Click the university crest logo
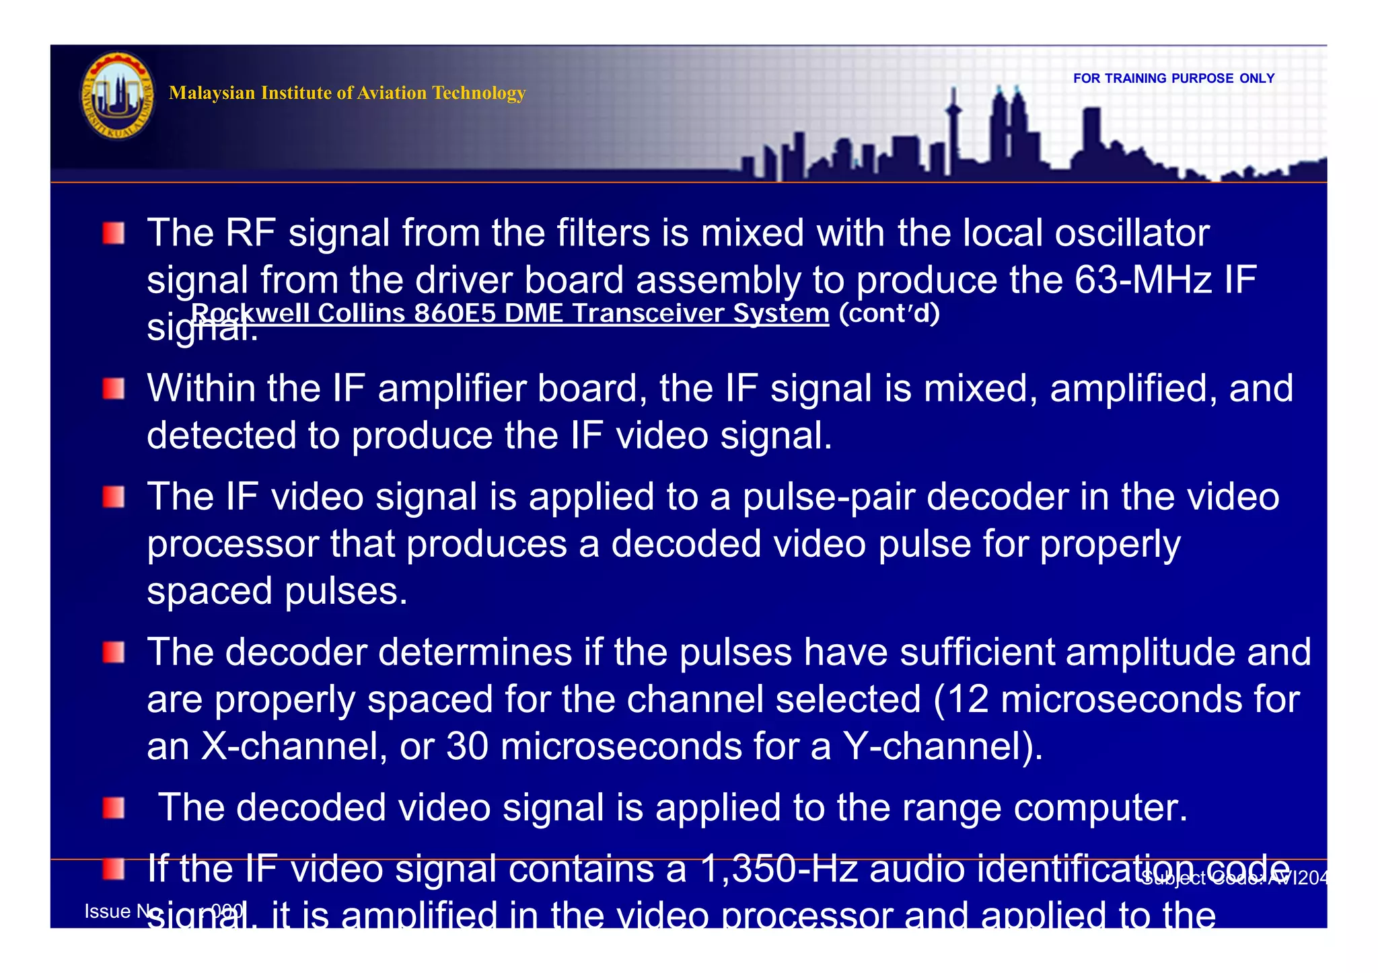click(x=118, y=95)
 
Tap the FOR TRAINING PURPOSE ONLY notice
click(x=1173, y=79)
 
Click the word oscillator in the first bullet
click(x=1132, y=233)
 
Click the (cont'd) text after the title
click(x=889, y=313)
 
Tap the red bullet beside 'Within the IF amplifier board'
click(x=114, y=389)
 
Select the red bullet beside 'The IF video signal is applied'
click(x=114, y=497)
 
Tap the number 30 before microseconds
click(x=467, y=746)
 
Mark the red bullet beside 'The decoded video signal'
click(x=114, y=808)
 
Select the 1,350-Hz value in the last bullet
click(x=778, y=869)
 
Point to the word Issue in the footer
click(x=108, y=912)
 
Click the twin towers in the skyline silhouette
click(x=1007, y=128)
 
